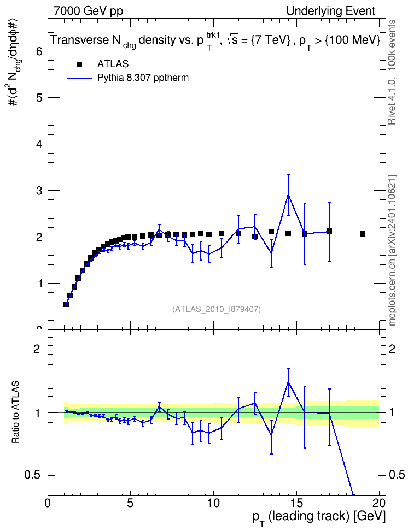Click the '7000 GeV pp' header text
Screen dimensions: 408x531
click(x=88, y=11)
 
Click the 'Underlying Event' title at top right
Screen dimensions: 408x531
click(x=331, y=11)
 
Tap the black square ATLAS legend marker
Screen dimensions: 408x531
click(x=79, y=64)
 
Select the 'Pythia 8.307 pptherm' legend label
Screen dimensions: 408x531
click(x=143, y=78)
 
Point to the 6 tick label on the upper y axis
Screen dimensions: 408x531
click(x=40, y=51)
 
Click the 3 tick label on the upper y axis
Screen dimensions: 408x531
click(x=40, y=191)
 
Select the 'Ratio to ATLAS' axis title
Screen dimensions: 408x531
click(x=15, y=412)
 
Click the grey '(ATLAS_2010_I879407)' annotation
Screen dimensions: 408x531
click(x=217, y=309)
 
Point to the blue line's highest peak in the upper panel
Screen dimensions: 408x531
click(x=288, y=196)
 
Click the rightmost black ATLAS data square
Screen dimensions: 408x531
click(x=363, y=234)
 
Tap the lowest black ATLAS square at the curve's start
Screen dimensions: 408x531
click(x=66, y=304)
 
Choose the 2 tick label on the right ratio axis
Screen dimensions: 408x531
click(x=392, y=349)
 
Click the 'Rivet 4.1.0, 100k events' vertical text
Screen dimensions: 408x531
click(x=392, y=73)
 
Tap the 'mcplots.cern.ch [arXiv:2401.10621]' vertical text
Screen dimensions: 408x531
click(x=392, y=251)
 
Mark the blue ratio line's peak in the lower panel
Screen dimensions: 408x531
click(x=288, y=382)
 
